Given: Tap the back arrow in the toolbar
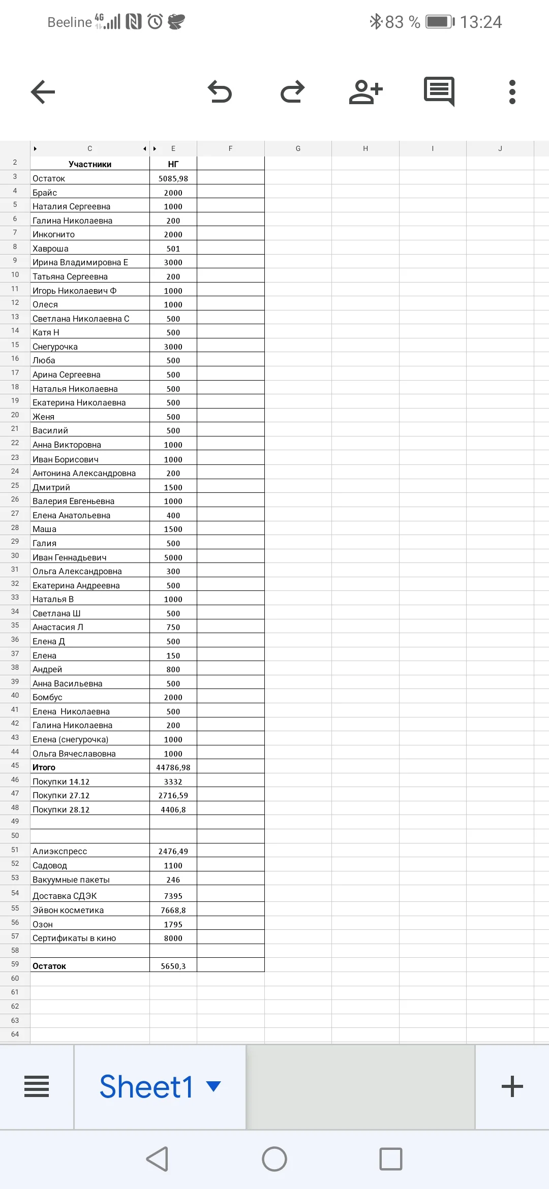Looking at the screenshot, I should pyautogui.click(x=43, y=92).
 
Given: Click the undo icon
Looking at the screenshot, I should pyautogui.click(x=220, y=92).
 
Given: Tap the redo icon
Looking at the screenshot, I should pyautogui.click(x=292, y=92).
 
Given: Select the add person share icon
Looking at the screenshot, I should pyautogui.click(x=365, y=92).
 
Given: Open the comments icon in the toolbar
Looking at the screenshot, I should pyautogui.click(x=439, y=91).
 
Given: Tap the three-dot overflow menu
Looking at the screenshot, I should pyautogui.click(x=512, y=92).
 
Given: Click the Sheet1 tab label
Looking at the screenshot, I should pyautogui.click(x=146, y=1086).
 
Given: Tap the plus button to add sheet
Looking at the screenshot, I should pyautogui.click(x=512, y=1086).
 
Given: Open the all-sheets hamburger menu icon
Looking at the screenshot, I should pyautogui.click(x=37, y=1086).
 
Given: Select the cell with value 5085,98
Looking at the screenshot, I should pyautogui.click(x=173, y=178).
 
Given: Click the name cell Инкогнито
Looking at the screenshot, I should pyautogui.click(x=89, y=234).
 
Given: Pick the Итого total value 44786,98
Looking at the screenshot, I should pyautogui.click(x=173, y=767).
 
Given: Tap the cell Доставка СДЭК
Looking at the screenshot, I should pyautogui.click(x=89, y=896).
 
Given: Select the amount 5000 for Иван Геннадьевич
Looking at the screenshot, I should pyautogui.click(x=173, y=557).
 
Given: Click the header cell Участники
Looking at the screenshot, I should pyautogui.click(x=89, y=164).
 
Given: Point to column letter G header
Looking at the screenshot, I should pyautogui.click(x=298, y=148).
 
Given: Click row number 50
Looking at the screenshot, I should pyautogui.click(x=15, y=835).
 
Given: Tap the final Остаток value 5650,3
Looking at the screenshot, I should pyautogui.click(x=173, y=966).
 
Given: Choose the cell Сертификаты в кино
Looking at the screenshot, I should pyautogui.click(x=89, y=938).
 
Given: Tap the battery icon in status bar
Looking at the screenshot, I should pyautogui.click(x=440, y=22).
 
